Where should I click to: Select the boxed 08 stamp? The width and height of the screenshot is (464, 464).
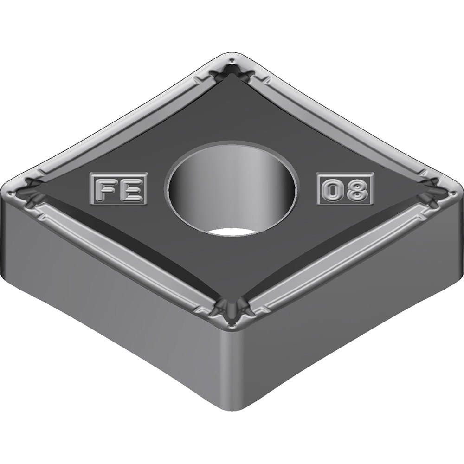point(345,189)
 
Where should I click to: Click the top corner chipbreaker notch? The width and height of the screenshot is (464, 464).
point(233,71)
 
